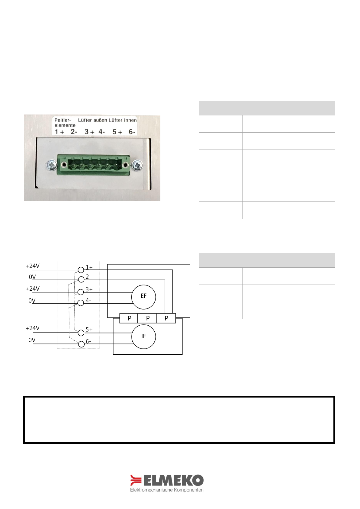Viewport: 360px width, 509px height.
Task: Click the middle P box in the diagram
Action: (147, 318)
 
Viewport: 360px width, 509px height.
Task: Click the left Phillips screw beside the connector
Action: (52, 165)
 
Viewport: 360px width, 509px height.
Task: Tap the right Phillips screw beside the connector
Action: (137, 165)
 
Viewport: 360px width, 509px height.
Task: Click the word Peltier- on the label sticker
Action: (63, 120)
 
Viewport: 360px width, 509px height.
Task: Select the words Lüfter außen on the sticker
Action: (93, 120)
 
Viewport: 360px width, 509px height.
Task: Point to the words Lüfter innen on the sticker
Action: (123, 120)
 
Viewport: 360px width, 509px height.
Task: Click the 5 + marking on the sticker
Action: (117, 132)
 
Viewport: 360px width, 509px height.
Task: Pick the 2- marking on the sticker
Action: (74, 132)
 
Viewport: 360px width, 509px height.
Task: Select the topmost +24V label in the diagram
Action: (33, 266)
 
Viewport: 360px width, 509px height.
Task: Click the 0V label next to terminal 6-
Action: (32, 340)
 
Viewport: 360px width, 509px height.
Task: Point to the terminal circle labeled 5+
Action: (81, 333)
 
